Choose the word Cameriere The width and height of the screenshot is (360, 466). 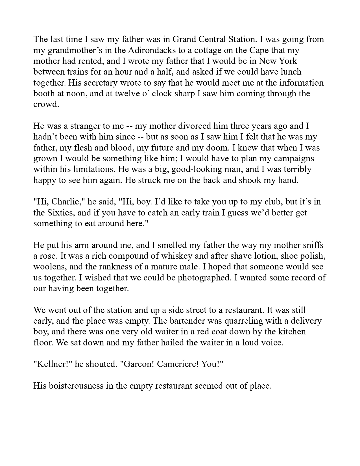pos(178,364)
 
